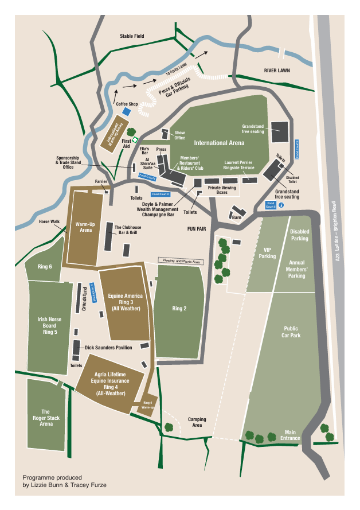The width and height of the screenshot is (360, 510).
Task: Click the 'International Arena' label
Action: coord(219,142)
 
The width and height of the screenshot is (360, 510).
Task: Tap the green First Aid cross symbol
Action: coord(135,139)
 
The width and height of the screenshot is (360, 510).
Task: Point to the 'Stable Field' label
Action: coord(132,36)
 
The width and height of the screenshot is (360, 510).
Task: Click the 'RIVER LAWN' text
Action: coord(277,71)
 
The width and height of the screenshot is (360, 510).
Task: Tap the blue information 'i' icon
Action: coord(281,204)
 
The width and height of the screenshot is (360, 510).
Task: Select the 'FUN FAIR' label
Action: coord(196,228)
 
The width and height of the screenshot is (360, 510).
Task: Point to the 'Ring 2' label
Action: coord(179,309)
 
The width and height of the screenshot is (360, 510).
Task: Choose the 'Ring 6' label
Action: coord(45,267)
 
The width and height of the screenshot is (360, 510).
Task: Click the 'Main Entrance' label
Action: coord(291,435)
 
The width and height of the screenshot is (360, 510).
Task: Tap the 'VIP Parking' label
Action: coord(267,253)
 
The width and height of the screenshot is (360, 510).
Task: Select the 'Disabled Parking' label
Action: coord(299,235)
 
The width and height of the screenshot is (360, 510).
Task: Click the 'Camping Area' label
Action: coord(197,423)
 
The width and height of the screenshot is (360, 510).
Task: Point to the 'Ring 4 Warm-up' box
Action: coord(147,406)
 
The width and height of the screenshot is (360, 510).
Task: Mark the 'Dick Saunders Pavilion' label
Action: coord(108,348)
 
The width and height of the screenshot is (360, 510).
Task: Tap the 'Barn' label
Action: coord(236,217)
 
